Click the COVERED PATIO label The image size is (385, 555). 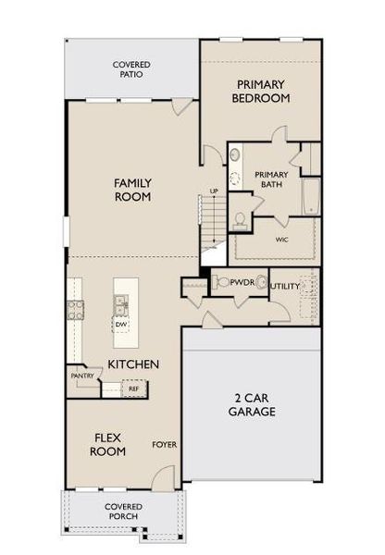131,68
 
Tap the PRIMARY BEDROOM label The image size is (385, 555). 260,91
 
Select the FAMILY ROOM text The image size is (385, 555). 132,190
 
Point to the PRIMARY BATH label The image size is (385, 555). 271,178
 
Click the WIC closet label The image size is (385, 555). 282,238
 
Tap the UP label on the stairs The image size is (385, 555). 214,191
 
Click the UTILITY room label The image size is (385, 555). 285,287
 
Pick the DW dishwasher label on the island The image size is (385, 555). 120,325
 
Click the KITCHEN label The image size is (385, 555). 133,364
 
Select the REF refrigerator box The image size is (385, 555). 133,388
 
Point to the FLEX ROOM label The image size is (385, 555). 107,444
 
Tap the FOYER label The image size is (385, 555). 165,444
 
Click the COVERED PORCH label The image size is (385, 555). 123,512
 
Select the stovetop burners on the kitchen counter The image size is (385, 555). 75,310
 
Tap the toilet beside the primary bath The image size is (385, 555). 241,217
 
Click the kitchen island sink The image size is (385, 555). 120,302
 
